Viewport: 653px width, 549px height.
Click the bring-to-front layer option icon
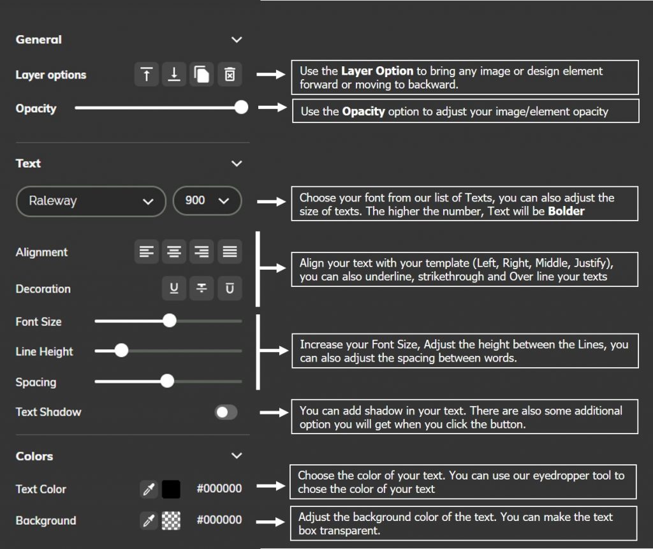coord(147,75)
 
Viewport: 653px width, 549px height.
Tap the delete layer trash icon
coord(230,75)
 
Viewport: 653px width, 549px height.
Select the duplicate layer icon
coord(202,75)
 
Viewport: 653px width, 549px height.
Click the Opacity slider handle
coord(241,107)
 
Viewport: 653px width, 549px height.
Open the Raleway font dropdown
coord(91,201)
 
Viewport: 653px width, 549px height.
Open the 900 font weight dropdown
coord(207,201)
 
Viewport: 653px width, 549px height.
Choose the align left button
coord(147,252)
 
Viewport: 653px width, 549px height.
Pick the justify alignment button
coord(230,252)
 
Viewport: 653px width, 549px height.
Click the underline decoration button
coord(173,288)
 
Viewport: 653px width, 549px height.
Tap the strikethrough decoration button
coord(202,288)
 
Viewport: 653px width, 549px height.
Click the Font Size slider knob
coord(169,321)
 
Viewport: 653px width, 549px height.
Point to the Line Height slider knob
coord(121,350)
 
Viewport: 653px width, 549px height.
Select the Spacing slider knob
coord(167,381)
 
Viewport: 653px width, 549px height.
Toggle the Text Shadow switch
coord(226,412)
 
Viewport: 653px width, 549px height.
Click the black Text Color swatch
coord(171,489)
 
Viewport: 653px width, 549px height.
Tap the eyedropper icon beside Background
coord(149,520)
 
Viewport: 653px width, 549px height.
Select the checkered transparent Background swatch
coord(171,520)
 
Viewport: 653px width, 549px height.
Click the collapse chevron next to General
coord(237,40)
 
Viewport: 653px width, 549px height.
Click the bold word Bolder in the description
coord(566,211)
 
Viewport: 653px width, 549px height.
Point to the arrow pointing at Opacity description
coord(272,108)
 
